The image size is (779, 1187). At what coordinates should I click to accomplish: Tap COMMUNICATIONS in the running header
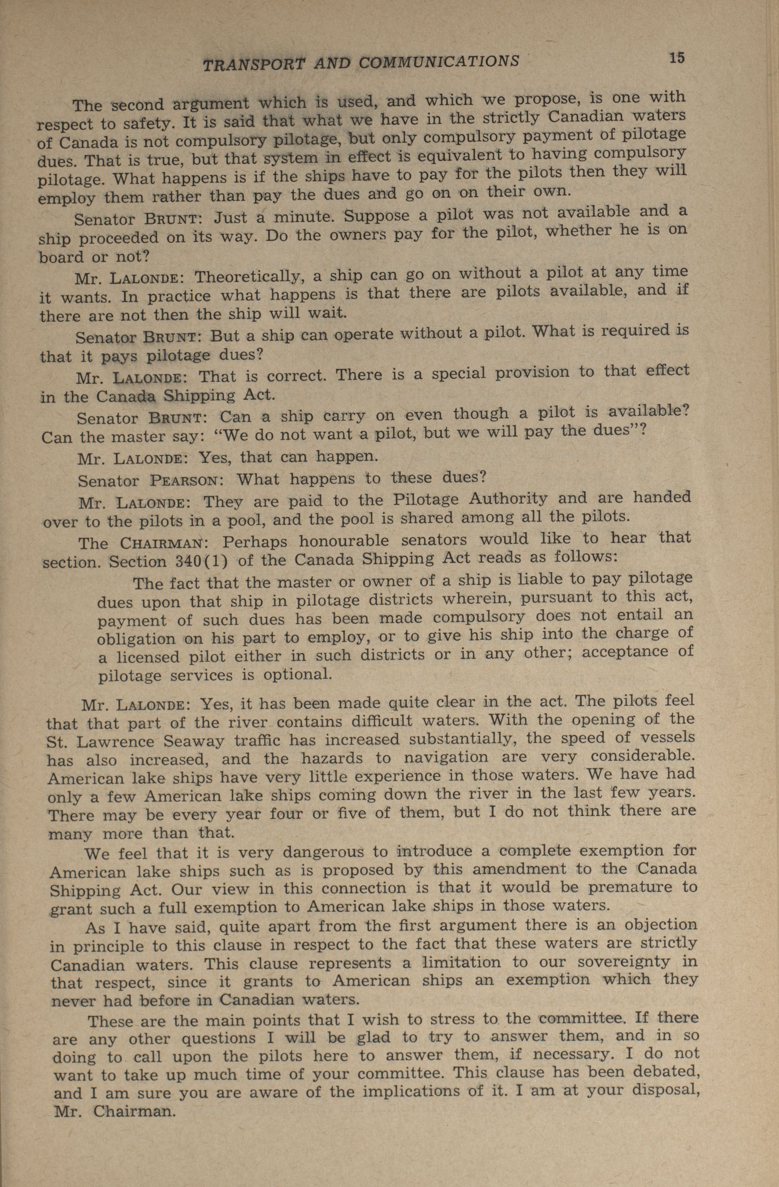point(439,62)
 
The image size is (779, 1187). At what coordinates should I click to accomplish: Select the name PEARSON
point(183,481)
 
